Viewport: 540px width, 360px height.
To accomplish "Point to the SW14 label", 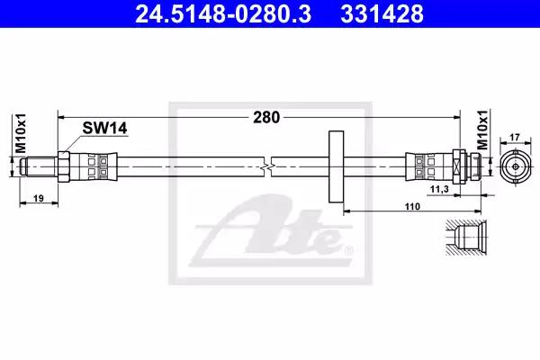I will pos(100,129).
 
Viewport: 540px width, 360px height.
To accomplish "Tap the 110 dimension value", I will pos(412,206).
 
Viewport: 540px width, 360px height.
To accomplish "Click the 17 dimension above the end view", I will pos(514,138).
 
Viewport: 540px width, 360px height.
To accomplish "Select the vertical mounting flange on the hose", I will pos(337,166).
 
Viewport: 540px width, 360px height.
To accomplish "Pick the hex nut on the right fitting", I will pos(458,166).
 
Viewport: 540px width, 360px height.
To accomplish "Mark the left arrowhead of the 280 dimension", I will pos(61,117).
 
